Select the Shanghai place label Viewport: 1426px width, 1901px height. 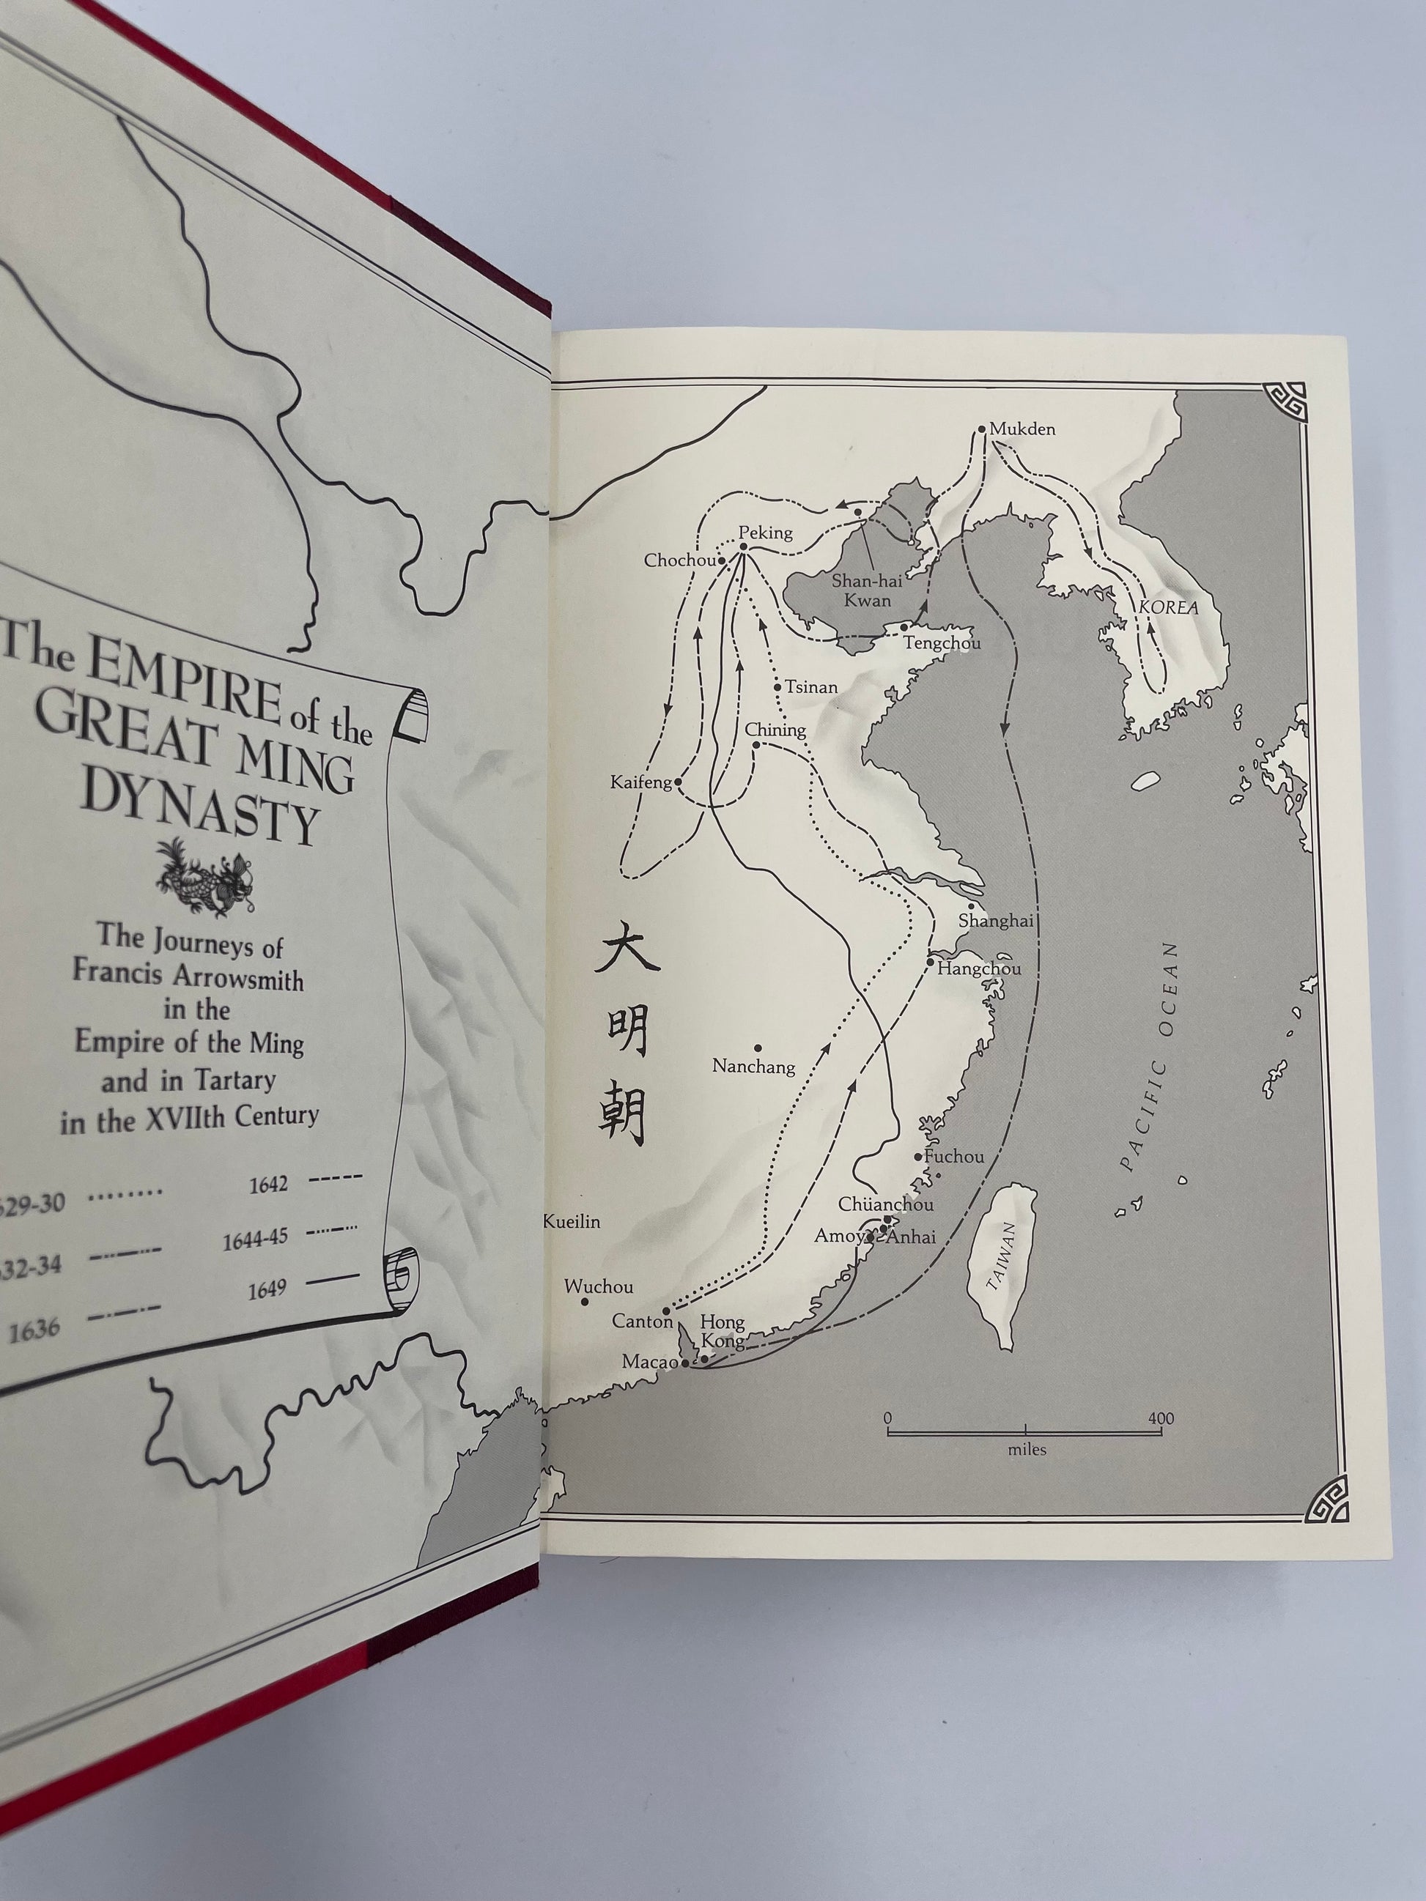(995, 920)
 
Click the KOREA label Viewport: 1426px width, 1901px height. (1168, 607)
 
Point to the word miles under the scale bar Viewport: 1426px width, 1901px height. (1027, 1450)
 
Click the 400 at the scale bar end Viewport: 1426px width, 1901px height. (1161, 1418)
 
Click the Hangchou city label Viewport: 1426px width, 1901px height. (979, 968)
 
